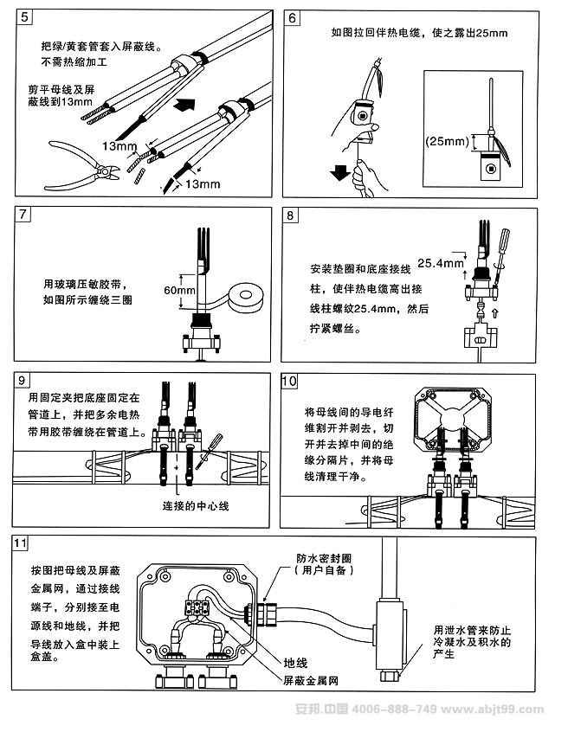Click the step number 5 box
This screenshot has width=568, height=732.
click(x=23, y=17)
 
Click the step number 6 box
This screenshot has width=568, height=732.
click(x=293, y=17)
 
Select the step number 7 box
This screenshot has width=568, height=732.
click(x=23, y=214)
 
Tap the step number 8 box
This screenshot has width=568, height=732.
click(x=293, y=214)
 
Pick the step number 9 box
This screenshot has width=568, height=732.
click(x=23, y=379)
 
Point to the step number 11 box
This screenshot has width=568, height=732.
click(x=23, y=543)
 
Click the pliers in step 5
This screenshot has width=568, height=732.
click(x=73, y=160)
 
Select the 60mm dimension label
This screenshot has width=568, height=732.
click(x=179, y=291)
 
